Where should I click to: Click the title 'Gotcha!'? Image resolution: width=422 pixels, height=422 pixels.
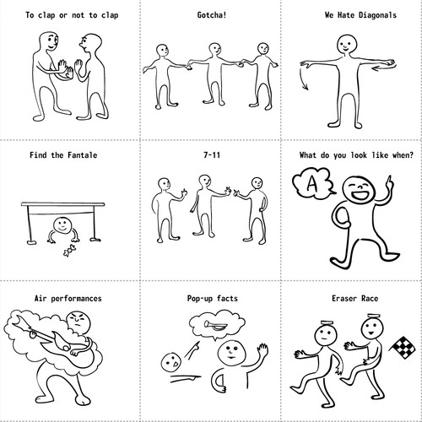pos(210,15)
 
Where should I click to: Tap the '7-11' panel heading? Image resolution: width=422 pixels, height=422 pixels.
pos(210,155)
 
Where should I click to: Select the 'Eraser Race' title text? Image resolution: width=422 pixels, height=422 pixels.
pos(351,298)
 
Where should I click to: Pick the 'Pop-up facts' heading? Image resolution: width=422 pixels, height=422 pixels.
pos(210,298)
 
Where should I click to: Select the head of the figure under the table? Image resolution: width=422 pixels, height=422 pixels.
pos(60,226)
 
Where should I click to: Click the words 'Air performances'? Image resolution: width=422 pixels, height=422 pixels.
pos(69,298)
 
